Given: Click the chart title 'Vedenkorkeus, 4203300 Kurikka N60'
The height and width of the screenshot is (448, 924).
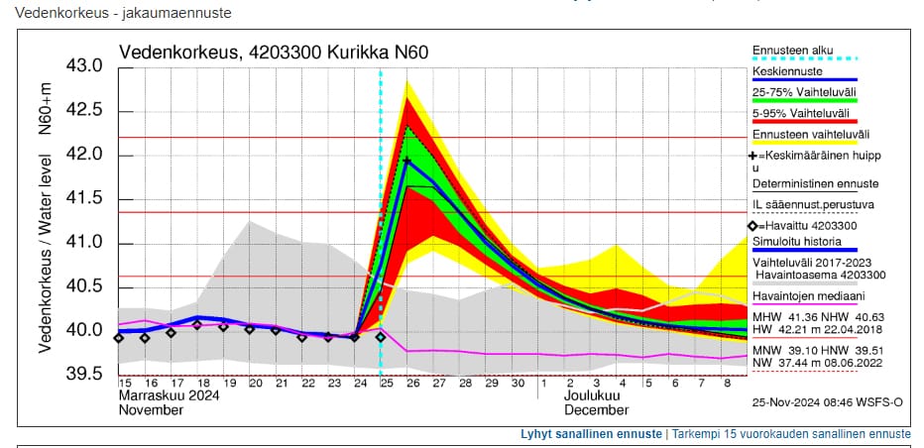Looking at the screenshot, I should coord(274,53).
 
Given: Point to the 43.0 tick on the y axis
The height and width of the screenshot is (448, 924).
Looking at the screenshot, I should coord(84,66).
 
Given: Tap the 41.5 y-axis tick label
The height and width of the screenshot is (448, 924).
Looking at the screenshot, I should coord(84,199).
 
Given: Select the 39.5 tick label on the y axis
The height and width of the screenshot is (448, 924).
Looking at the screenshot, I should coord(84,374).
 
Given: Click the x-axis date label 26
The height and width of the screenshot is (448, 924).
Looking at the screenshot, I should coord(410,383).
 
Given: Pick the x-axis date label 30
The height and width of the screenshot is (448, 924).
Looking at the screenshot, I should coord(518,383).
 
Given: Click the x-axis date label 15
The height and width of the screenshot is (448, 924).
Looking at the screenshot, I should coord(126,383).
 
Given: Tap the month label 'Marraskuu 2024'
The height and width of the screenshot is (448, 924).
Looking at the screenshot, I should coord(169,395).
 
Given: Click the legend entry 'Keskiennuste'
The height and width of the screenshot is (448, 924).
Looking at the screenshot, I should coord(787,71).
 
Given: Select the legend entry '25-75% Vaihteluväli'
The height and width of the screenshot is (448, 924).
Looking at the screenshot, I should coord(804,92).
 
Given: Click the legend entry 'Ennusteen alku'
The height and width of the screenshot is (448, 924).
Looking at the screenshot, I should coord(793,50).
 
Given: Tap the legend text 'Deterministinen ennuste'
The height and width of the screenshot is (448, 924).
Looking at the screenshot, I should coord(815,183).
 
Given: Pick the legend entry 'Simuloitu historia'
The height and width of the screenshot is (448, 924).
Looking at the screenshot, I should coord(797,241).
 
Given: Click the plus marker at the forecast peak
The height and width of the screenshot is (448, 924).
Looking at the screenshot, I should coord(407,161).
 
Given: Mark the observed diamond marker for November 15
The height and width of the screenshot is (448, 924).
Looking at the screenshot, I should coord(119,338).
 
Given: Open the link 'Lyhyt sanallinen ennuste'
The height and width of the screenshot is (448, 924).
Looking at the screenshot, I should coord(591,434).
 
